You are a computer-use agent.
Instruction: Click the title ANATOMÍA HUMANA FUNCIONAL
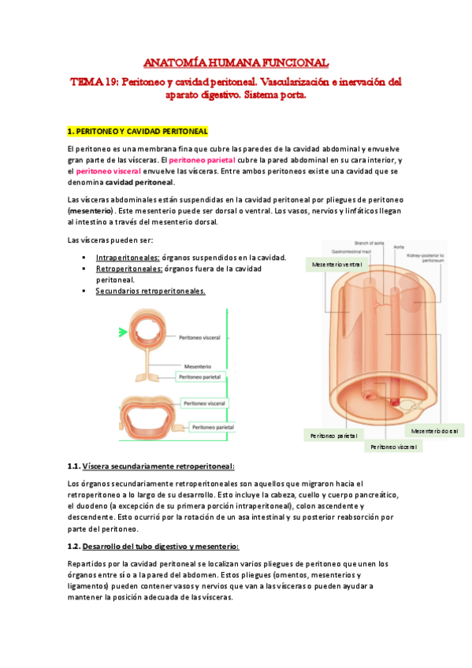coord(236,62)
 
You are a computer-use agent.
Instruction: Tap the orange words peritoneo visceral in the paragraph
coord(108,171)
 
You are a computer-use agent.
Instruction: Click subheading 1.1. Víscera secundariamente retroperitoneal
coord(151,466)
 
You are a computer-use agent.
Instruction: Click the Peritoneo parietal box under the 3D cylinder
coord(333,436)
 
